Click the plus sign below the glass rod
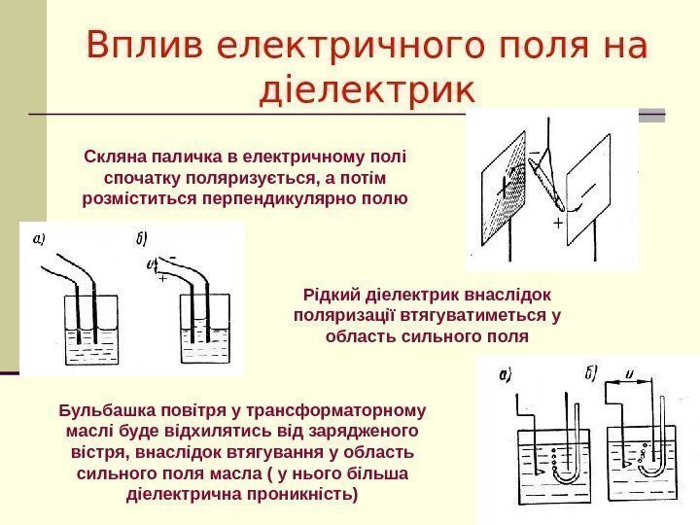(x=557, y=223)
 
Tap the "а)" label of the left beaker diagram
(x=40, y=237)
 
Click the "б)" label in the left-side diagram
(x=143, y=237)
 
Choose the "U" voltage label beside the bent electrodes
(x=151, y=262)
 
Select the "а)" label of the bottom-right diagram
(x=505, y=373)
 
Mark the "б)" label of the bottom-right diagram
(x=592, y=369)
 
